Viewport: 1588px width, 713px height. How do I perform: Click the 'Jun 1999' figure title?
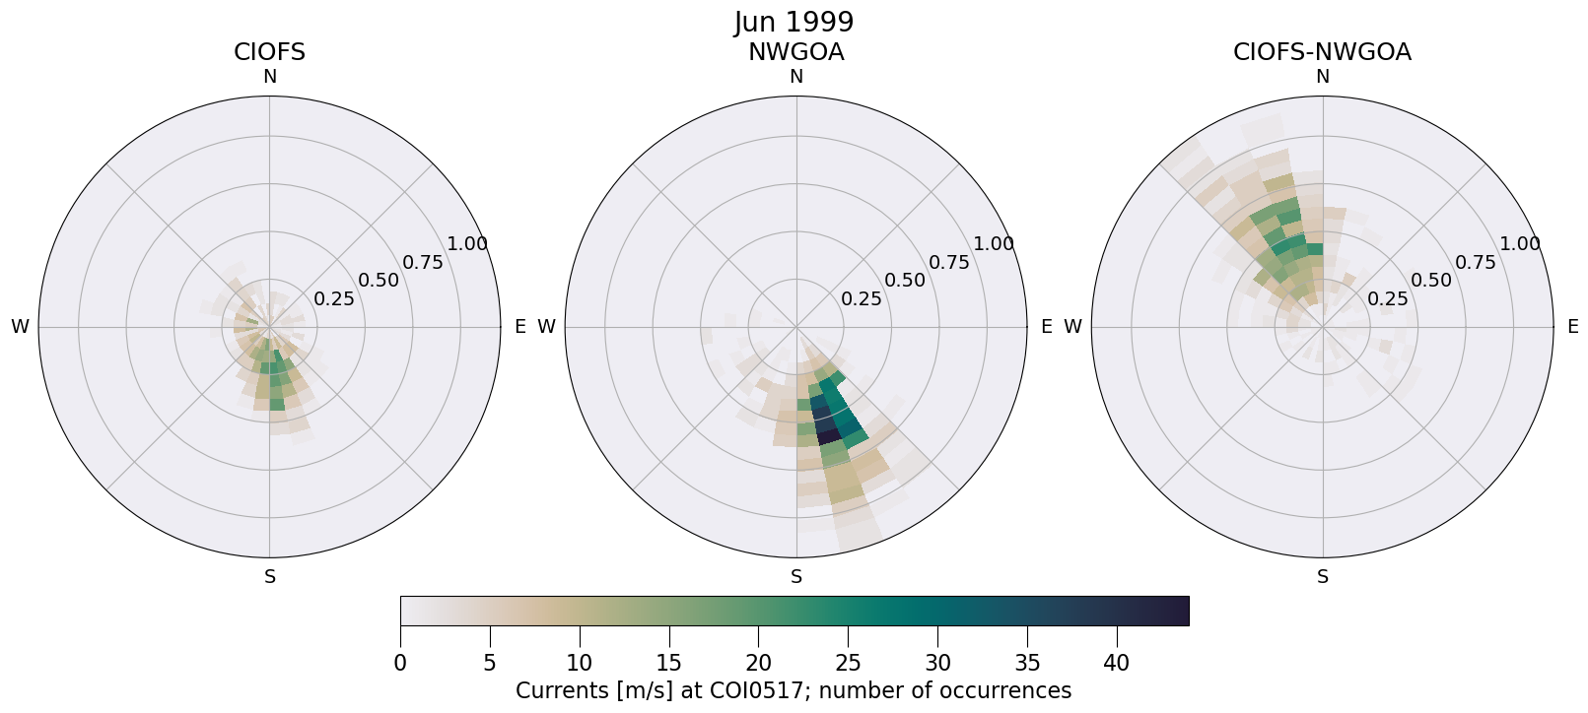[x=794, y=22]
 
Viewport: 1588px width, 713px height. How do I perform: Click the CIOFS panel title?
[x=269, y=52]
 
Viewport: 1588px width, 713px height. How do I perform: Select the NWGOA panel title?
[x=795, y=52]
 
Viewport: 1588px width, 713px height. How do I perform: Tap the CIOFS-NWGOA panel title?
[x=1322, y=52]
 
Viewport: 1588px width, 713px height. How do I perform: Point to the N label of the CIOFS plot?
[x=269, y=77]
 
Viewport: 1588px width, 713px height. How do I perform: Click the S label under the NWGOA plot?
[x=796, y=577]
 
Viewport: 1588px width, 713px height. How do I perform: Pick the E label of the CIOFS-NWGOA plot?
[x=1573, y=327]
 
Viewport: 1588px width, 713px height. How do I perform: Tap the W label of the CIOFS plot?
[x=20, y=327]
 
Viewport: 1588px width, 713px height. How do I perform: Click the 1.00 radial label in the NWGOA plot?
[x=994, y=244]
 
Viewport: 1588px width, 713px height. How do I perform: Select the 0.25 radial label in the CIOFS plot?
[x=334, y=298]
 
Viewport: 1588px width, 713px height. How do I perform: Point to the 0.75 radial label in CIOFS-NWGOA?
[x=1476, y=262]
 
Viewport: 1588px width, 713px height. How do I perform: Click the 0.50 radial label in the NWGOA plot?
[x=905, y=280]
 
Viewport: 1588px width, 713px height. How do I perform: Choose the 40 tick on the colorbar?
[x=1117, y=663]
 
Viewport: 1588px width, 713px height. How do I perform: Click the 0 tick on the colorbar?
[x=400, y=663]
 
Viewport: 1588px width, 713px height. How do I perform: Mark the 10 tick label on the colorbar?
[x=580, y=663]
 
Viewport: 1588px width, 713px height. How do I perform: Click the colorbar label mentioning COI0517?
[x=794, y=690]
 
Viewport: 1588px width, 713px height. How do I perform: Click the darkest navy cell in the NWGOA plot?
[x=828, y=434]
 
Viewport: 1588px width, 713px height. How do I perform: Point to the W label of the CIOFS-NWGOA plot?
[x=1073, y=327]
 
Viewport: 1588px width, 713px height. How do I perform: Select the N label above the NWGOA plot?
[x=796, y=77]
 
